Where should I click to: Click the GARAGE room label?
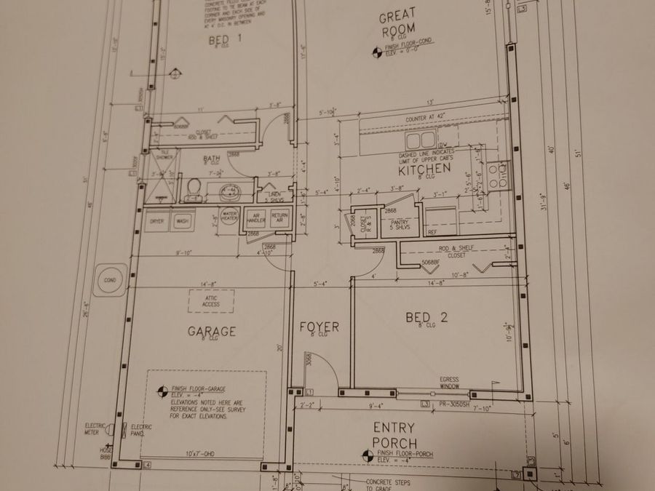click(212, 332)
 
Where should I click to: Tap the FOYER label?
click(319, 327)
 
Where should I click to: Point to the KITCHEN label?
click(424, 169)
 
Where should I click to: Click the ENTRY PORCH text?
click(394, 435)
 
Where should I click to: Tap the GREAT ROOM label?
click(397, 22)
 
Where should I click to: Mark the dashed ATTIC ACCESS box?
click(211, 300)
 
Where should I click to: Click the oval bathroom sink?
click(229, 193)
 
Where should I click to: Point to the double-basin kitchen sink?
click(421, 140)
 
